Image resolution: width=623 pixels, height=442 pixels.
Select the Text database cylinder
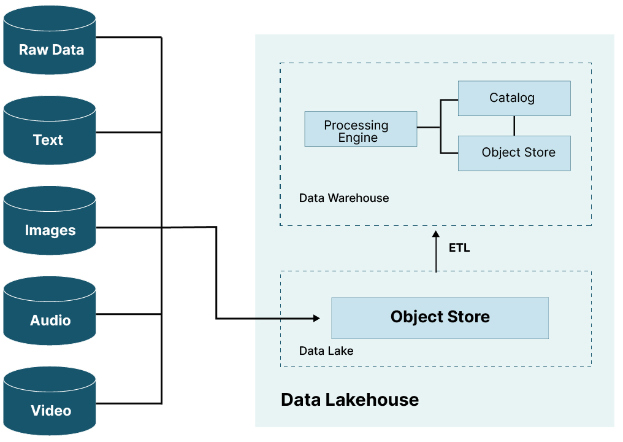(50, 132)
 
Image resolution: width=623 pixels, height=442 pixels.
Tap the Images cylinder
(50, 222)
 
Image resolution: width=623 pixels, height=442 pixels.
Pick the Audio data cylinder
(50, 312)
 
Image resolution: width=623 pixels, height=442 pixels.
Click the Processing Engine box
(361, 129)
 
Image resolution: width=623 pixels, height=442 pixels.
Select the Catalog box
(514, 98)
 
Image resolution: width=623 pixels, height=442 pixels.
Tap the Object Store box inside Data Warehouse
(514, 153)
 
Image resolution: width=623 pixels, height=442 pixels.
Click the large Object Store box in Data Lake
(440, 317)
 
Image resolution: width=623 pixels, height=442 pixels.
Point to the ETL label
(459, 249)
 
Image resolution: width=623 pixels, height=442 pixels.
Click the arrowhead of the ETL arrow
(436, 235)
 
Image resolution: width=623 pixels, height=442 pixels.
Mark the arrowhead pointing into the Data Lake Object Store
(316, 318)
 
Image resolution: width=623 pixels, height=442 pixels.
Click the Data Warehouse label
(344, 198)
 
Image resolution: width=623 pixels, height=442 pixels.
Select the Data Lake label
(326, 351)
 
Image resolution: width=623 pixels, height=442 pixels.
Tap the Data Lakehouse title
(350, 400)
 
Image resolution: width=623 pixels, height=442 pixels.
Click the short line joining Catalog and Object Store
(514, 126)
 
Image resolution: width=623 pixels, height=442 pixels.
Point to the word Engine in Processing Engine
(357, 138)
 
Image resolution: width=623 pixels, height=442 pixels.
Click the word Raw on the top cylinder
(32, 50)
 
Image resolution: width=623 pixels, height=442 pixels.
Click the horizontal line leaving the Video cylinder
(129, 403)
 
